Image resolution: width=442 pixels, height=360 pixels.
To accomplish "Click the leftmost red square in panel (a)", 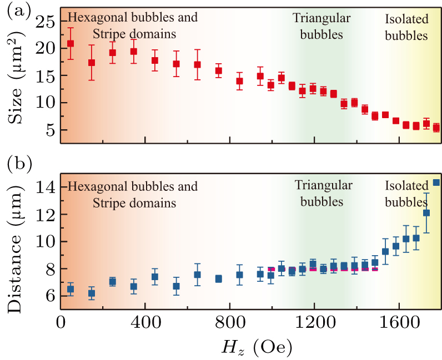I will [x=71, y=43].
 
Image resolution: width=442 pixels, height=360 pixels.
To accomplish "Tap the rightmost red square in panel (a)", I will [x=436, y=128].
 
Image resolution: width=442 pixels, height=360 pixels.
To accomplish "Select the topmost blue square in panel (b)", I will [x=436, y=182].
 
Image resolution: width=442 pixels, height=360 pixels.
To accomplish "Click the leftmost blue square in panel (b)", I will [x=71, y=289].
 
